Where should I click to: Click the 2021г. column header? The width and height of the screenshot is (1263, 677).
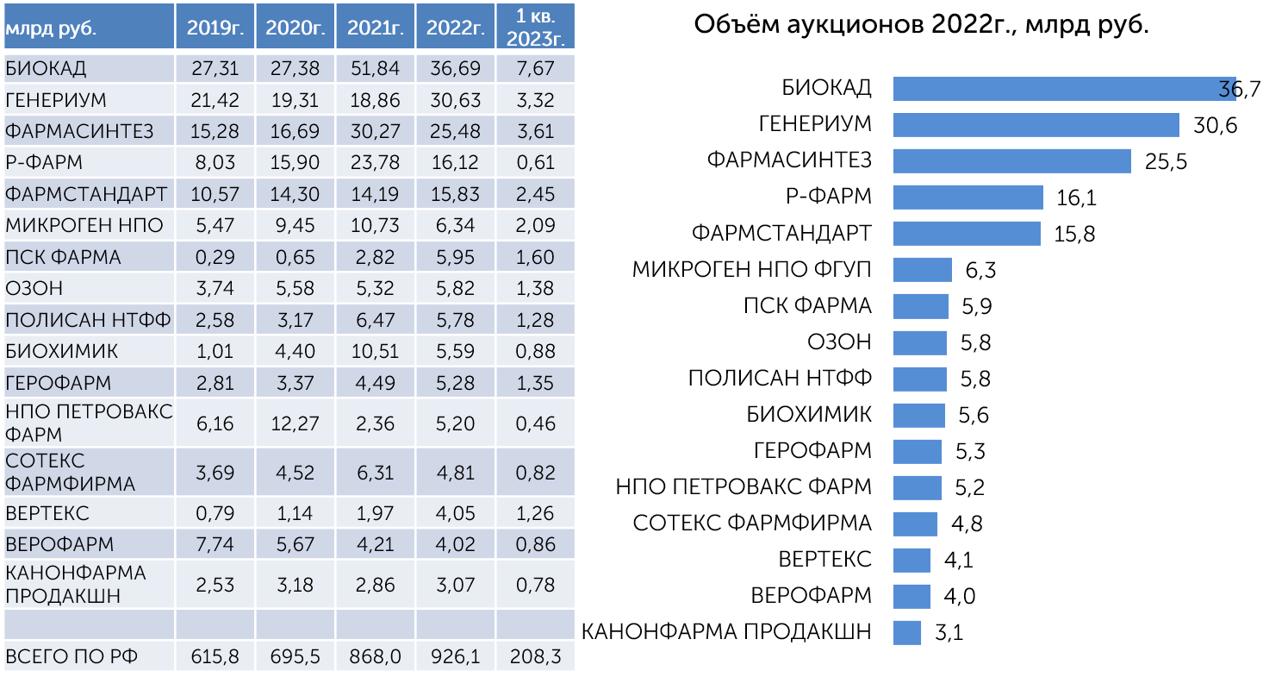pos(376,27)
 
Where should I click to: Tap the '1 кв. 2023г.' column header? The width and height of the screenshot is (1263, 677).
pos(535,27)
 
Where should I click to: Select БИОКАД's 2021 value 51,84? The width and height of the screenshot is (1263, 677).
pos(376,68)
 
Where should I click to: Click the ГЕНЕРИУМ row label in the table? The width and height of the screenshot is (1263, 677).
pos(56,100)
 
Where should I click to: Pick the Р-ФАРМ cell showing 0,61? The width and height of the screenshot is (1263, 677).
pos(535,163)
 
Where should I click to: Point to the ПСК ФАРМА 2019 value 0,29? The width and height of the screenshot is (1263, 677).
pos(215,257)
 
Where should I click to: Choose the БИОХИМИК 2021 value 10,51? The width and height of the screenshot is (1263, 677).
pos(376,351)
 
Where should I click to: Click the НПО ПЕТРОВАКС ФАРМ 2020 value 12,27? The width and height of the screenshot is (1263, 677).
pos(295,423)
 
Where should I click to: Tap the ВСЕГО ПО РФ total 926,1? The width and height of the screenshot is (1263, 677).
pos(455,656)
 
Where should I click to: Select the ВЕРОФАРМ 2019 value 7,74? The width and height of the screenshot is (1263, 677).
pos(215,544)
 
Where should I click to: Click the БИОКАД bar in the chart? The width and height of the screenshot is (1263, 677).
pos(1065,89)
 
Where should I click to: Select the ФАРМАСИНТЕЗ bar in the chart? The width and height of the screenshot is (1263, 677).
pos(1012,161)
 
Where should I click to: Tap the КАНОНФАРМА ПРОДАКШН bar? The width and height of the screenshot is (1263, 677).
pos(907,632)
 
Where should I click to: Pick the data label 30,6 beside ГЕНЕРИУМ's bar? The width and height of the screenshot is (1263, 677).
pos(1215,125)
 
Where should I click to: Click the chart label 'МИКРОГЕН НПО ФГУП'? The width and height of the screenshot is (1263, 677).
pos(751,269)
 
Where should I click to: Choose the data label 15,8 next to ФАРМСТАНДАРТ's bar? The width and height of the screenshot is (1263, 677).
pos(1074,234)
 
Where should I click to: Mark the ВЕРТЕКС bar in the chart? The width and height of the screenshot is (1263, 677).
pos(911,560)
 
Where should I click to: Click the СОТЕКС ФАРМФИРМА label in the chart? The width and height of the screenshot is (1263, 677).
pos(752,523)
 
